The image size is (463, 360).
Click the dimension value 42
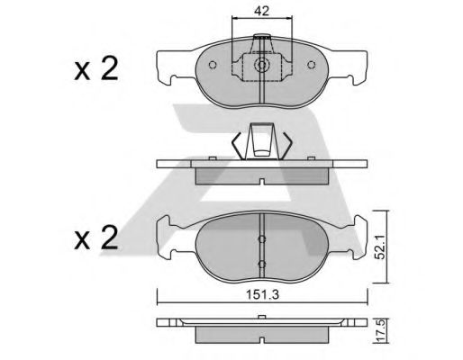(x=260, y=13)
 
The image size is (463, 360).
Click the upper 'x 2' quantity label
(x=95, y=70)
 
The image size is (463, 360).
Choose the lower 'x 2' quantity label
(x=95, y=239)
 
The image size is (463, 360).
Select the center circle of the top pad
(x=260, y=66)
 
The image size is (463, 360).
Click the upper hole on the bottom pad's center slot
(x=260, y=239)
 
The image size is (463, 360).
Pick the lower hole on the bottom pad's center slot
(x=260, y=263)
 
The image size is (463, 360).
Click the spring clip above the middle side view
(x=260, y=142)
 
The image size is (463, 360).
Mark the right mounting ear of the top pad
(x=353, y=66)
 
